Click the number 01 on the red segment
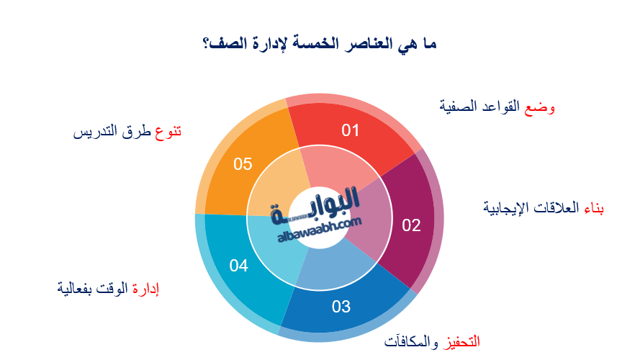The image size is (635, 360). pyautogui.click(x=350, y=130)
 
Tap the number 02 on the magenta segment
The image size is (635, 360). pyautogui.click(x=411, y=225)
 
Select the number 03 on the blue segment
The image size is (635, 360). pyautogui.click(x=341, y=307)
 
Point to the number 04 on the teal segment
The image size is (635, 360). pyautogui.click(x=239, y=266)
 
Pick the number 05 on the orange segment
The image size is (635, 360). pyautogui.click(x=243, y=164)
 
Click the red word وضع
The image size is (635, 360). pyautogui.click(x=542, y=107)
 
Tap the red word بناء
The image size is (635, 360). pyautogui.click(x=592, y=209)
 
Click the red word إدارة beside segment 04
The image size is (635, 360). pyautogui.click(x=145, y=289)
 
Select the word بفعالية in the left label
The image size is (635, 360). pyautogui.click(x=75, y=289)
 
